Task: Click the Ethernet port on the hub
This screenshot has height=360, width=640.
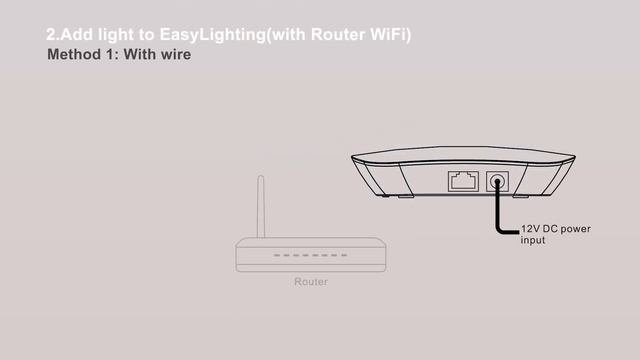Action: click(x=461, y=182)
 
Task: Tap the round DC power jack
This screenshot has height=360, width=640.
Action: click(x=497, y=182)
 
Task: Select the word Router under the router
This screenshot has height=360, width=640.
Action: click(x=311, y=282)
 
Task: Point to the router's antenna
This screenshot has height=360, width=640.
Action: click(x=260, y=206)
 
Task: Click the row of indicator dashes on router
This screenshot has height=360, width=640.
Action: click(x=310, y=255)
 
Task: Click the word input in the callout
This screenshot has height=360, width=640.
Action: click(x=533, y=241)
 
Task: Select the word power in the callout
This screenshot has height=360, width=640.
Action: click(x=583, y=229)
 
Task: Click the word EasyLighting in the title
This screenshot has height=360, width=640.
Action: click(x=203, y=35)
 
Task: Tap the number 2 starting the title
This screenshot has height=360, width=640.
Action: click(x=51, y=35)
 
